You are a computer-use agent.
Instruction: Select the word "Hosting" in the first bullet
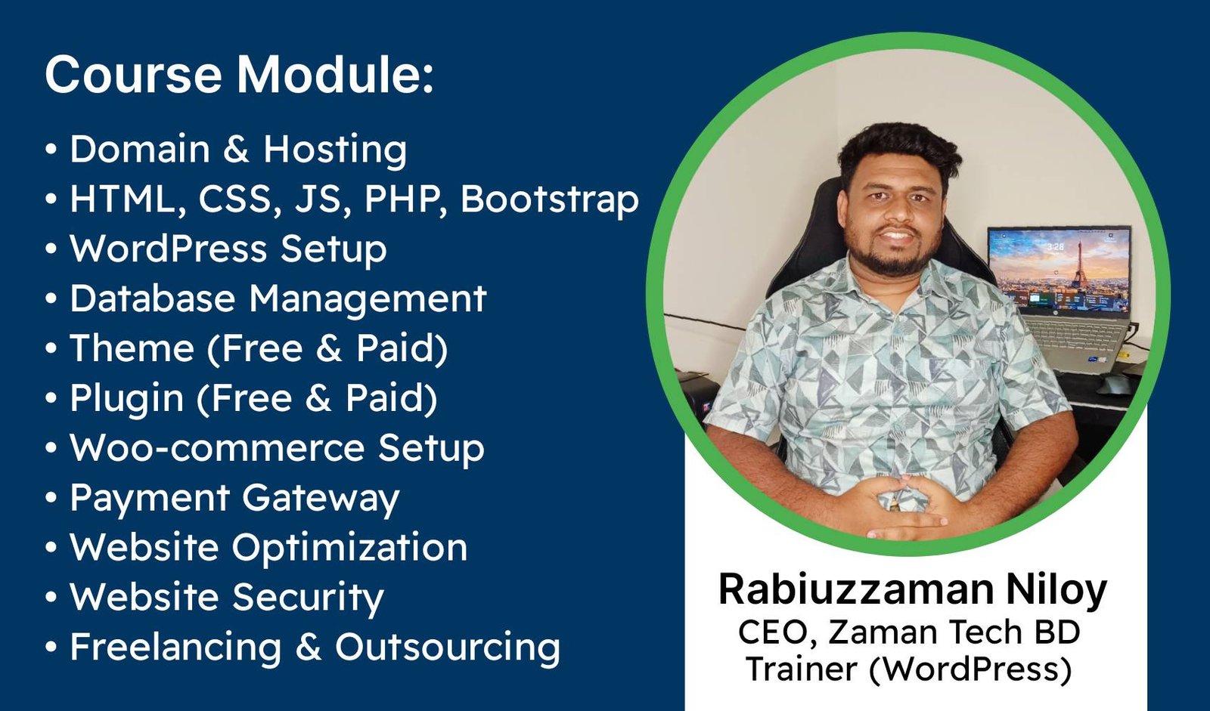335,150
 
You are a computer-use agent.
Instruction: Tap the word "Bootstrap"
549,199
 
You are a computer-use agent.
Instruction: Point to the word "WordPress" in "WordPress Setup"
168,249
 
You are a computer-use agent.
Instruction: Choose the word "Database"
153,298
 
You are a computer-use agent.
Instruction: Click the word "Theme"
132,348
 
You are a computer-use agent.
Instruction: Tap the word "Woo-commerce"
217,448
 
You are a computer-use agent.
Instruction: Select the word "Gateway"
321,499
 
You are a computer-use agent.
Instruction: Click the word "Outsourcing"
448,648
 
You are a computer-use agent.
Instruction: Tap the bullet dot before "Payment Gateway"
51,497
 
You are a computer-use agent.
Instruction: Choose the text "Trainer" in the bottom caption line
801,669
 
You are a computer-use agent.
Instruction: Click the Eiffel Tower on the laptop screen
1080,264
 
